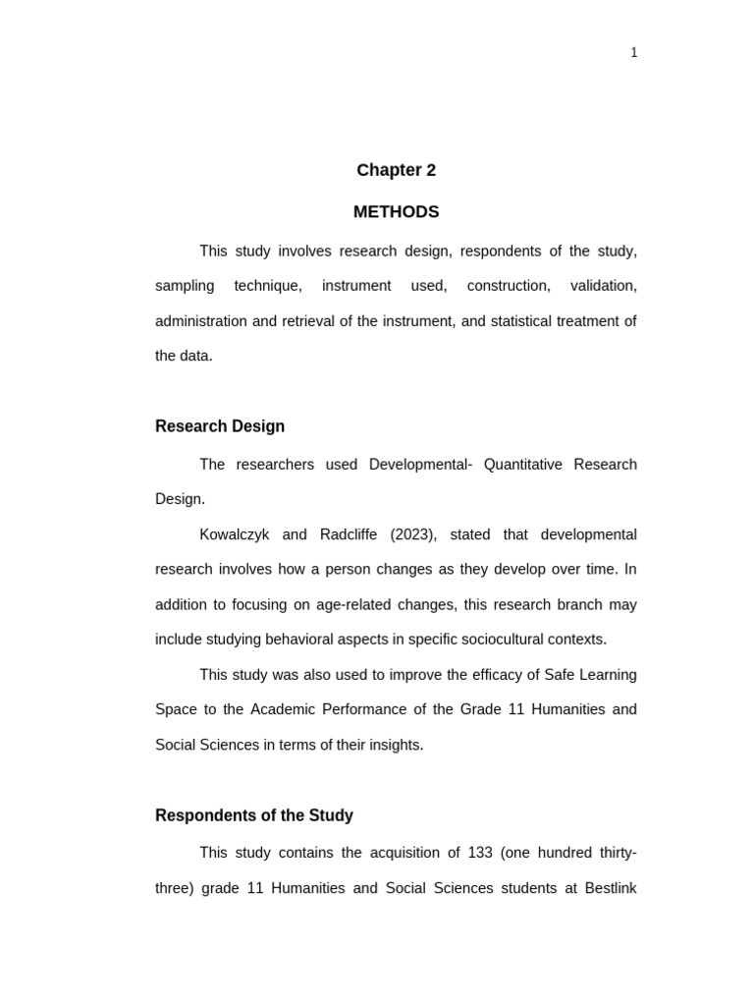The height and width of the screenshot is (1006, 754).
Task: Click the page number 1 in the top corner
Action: pos(633,53)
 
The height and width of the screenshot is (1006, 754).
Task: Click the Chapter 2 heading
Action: pos(396,170)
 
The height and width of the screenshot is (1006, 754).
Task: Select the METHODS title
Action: pos(396,212)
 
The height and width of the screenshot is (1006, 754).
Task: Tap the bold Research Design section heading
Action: pos(220,426)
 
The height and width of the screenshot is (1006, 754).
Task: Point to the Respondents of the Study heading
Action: pos(254,815)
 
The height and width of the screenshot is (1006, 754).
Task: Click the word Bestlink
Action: pos(611,888)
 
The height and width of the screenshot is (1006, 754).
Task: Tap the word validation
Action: pos(603,286)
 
